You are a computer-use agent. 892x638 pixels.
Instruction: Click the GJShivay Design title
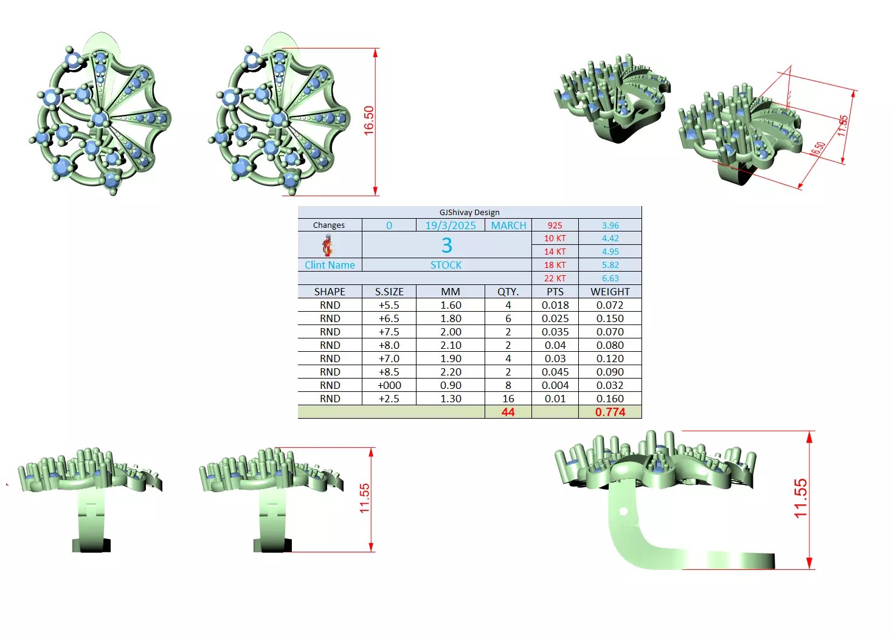(469, 213)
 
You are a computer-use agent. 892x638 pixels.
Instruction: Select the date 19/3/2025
(451, 225)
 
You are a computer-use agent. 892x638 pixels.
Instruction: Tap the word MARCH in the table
(508, 225)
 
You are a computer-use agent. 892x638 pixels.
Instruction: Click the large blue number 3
(446, 245)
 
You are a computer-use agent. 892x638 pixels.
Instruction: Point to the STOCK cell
(446, 265)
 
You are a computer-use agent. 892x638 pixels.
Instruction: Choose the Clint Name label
(330, 265)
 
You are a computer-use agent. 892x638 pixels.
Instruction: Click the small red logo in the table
(328, 245)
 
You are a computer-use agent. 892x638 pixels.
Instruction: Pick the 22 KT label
(555, 279)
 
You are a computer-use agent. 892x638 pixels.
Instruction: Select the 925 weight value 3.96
(610, 225)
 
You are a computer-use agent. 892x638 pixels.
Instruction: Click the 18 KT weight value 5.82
(610, 265)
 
